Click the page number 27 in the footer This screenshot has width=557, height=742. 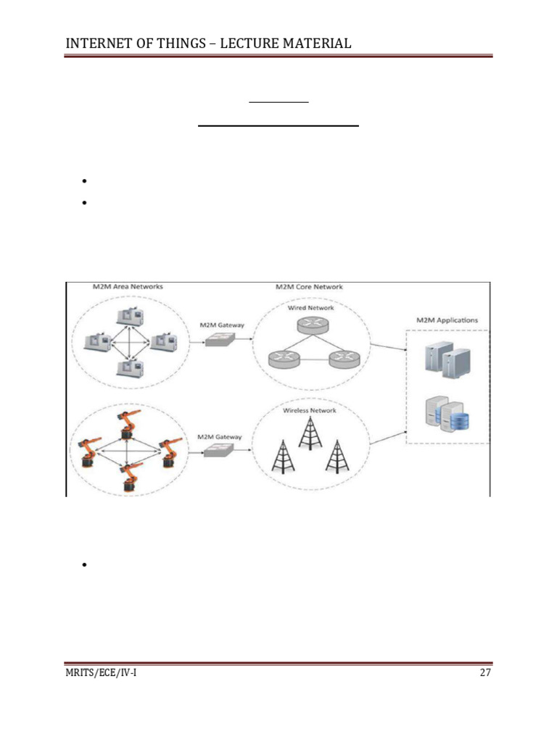(485, 673)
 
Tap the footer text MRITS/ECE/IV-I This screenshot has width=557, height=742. (101, 673)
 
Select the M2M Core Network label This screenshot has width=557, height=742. (309, 287)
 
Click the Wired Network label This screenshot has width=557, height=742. (311, 307)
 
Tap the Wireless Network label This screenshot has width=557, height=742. (310, 411)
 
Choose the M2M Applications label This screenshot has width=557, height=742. (447, 320)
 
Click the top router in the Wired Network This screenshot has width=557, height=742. (310, 327)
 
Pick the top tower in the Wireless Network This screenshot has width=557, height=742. (310, 433)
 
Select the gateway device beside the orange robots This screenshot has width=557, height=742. (218, 451)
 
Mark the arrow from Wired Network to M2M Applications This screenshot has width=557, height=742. (387, 346)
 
